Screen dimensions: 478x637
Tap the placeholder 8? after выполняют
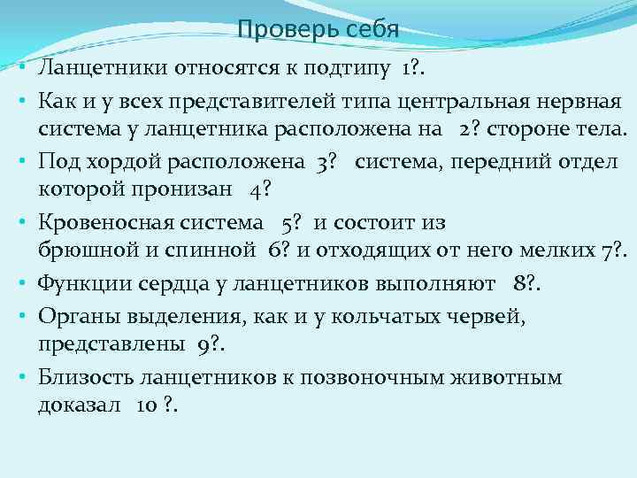525,284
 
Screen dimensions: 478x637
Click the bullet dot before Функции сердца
19,285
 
